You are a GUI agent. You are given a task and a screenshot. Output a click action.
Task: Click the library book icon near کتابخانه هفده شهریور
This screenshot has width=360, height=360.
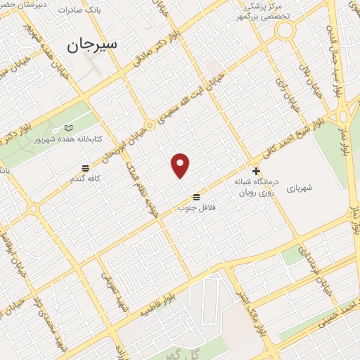67,128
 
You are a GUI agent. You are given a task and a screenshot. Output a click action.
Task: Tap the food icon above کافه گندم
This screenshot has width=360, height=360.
85,168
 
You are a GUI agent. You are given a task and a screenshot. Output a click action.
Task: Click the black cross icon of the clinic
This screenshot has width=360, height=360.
257,170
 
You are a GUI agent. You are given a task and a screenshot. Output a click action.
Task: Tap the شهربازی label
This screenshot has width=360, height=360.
323,188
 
